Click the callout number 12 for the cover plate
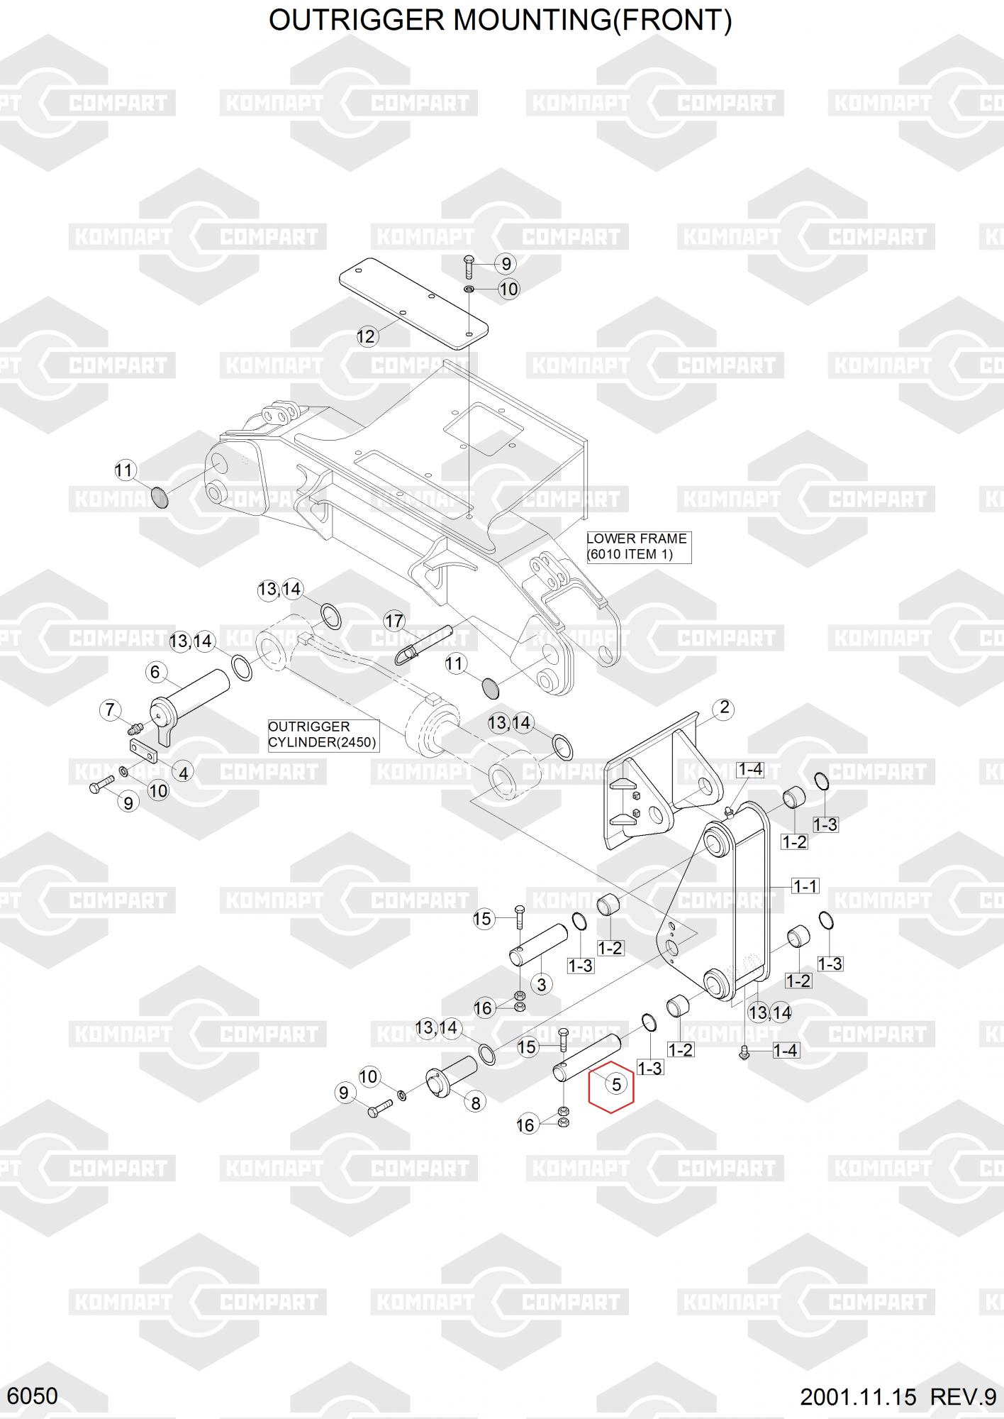[366, 336]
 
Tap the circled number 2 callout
[724, 707]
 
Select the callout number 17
[394, 621]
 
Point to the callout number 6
[155, 671]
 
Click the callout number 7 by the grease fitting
[110, 709]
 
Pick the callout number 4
[184, 773]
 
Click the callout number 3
[542, 984]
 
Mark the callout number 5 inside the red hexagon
[615, 1084]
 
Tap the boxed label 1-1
[805, 885]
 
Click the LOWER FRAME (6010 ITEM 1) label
[638, 546]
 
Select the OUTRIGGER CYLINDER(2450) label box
[323, 734]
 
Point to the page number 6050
[33, 1396]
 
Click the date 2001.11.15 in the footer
[858, 1397]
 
